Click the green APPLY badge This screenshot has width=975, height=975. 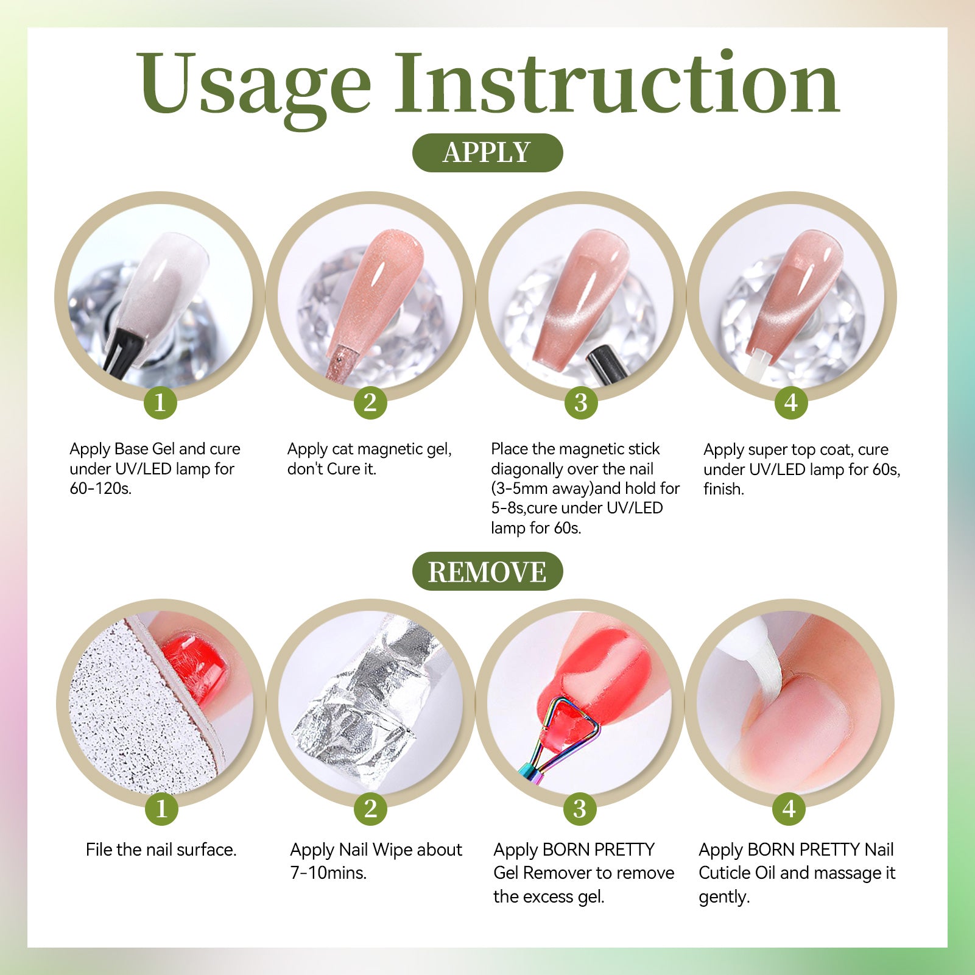coord(487,152)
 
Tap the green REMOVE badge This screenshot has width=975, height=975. coord(487,571)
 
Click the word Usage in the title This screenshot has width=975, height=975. coord(253,85)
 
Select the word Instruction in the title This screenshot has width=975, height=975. coord(617,82)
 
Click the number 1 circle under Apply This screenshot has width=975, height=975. coord(160,403)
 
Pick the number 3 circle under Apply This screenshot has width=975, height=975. coord(581,403)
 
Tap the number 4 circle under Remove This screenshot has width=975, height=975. coord(789,809)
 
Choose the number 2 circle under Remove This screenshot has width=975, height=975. coord(371,809)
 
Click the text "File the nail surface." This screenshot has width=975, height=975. coord(161,850)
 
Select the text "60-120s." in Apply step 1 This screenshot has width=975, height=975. coord(100,488)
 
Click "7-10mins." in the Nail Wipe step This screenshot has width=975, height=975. coord(328,873)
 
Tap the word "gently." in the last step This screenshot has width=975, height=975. coord(724,897)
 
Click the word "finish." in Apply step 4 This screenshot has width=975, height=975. coord(723,488)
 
